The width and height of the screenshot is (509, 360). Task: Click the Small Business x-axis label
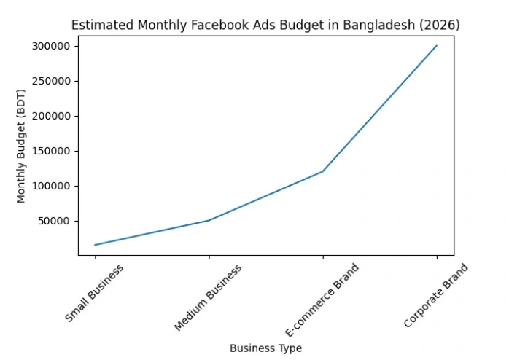point(94,293)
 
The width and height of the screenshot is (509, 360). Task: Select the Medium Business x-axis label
point(208,297)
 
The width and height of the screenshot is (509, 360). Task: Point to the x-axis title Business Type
point(265,348)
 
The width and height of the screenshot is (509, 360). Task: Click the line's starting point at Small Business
point(95,245)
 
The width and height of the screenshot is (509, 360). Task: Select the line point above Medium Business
point(209,220)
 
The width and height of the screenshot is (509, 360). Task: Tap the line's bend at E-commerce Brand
point(322,171)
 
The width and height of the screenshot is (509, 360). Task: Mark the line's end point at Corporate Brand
point(436,46)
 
